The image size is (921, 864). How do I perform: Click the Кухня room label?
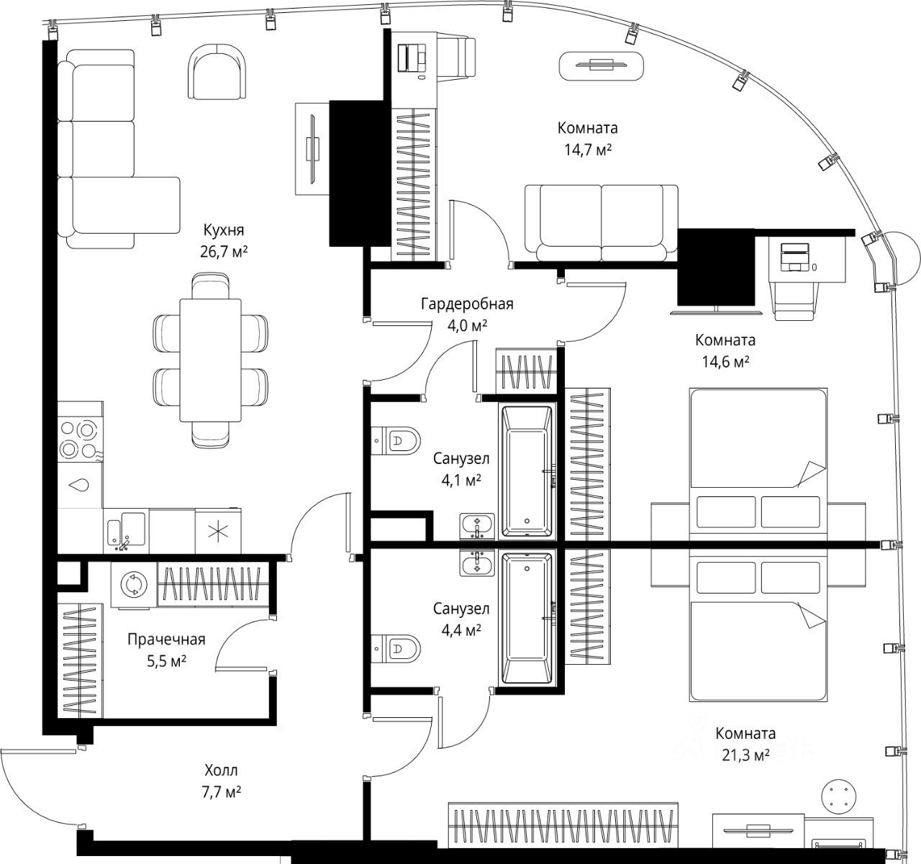224,230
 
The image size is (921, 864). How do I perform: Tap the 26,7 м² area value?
224,252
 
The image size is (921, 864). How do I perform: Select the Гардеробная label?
467,304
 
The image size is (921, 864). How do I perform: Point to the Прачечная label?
166,640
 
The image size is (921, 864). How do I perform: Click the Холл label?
221,770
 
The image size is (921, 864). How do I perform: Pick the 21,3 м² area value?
745,768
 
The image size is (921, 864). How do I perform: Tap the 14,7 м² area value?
588,150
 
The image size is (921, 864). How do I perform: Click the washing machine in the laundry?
134,584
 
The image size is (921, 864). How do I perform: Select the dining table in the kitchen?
211,360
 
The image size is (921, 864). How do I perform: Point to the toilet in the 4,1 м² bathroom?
396,440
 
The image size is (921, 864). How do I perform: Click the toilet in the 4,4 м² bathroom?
396,649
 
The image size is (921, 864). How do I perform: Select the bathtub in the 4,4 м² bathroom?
527,619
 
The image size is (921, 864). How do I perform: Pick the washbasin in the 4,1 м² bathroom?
477,527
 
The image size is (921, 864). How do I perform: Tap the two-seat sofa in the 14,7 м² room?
601,224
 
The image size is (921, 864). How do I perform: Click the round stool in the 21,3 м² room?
838,796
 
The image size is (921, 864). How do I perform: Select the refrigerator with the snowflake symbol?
218,532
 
